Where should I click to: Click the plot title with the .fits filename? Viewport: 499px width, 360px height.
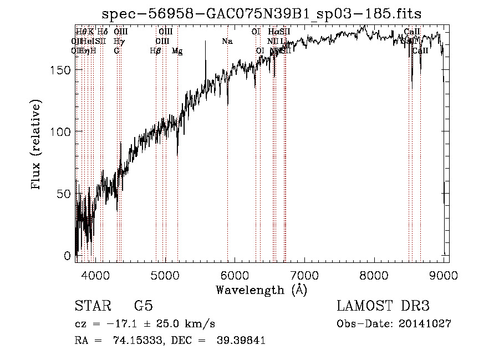coord(266,13)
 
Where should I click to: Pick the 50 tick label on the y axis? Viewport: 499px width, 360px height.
coord(64,194)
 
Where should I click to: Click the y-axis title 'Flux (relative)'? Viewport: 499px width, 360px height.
coord(37,145)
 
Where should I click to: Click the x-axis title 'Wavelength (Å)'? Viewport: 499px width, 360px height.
coord(261,290)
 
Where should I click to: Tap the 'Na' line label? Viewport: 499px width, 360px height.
coord(227,42)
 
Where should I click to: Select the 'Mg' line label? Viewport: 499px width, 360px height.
coord(177,51)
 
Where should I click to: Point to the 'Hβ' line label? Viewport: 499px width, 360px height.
coord(155,51)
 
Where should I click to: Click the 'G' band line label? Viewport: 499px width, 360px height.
coord(116,51)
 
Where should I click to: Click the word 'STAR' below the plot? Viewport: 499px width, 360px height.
coord(93,306)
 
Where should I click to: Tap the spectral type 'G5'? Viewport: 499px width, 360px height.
coord(143,306)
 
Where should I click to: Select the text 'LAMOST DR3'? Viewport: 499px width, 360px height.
coord(383,306)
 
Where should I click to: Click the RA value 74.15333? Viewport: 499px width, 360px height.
coord(132,341)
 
